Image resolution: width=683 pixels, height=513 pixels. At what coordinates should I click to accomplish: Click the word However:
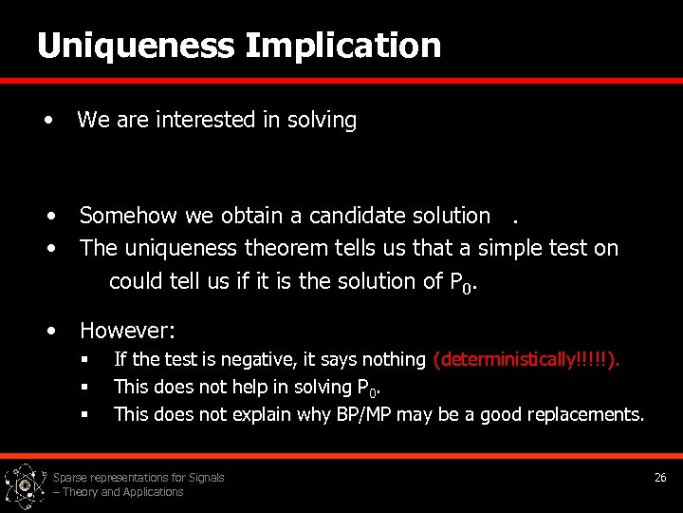[x=127, y=332]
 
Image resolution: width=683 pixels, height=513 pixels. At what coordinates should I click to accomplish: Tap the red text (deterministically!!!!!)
[x=526, y=360]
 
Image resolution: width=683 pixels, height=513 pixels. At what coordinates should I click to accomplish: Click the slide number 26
[x=660, y=477]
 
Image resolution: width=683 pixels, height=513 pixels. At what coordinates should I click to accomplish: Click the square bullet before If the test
[x=84, y=360]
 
